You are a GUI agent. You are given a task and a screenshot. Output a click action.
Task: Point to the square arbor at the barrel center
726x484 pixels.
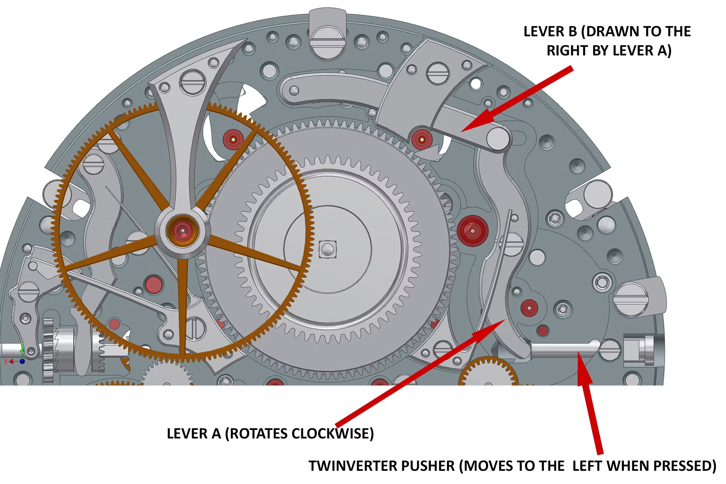327,249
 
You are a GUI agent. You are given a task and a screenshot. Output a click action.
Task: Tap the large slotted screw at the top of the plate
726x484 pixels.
328,43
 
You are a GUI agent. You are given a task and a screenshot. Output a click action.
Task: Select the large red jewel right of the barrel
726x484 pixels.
473,231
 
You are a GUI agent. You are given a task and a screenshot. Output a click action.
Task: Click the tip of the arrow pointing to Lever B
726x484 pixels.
462,131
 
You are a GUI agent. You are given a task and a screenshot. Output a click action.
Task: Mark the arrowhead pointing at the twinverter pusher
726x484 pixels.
578,353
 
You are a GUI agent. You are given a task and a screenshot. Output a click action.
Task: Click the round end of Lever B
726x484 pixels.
498,139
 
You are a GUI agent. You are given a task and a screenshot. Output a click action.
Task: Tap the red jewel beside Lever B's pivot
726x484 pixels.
422,140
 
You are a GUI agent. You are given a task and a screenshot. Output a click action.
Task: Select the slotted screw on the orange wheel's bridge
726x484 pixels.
192,81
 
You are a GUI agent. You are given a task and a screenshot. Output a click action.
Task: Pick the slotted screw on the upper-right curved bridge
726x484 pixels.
438,74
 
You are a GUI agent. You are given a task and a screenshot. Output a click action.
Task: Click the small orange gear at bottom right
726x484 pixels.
487,374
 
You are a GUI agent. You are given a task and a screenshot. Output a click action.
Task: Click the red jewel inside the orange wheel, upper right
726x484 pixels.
233,140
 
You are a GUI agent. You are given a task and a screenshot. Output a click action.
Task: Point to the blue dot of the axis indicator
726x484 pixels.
22,361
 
